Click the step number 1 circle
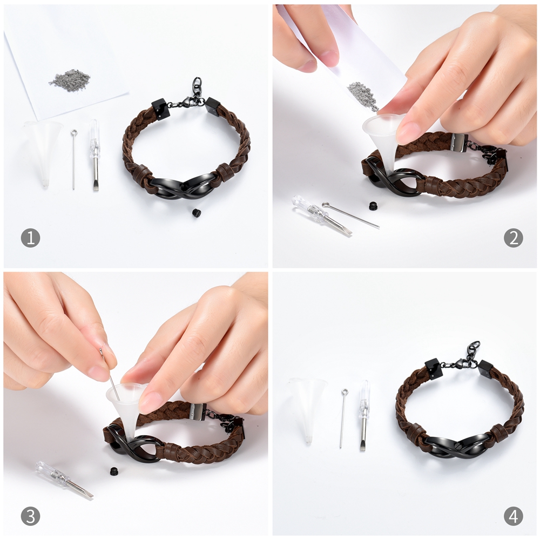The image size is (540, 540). click(30, 238)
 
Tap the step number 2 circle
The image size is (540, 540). click(513, 238)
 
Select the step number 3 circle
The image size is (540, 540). click(30, 516)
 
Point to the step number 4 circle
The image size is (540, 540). click(513, 516)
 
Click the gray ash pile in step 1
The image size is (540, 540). click(70, 80)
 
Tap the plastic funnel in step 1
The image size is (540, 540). click(43, 146)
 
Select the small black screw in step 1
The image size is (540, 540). click(196, 212)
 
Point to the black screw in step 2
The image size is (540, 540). click(373, 205)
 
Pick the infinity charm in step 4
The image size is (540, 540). click(456, 448)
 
